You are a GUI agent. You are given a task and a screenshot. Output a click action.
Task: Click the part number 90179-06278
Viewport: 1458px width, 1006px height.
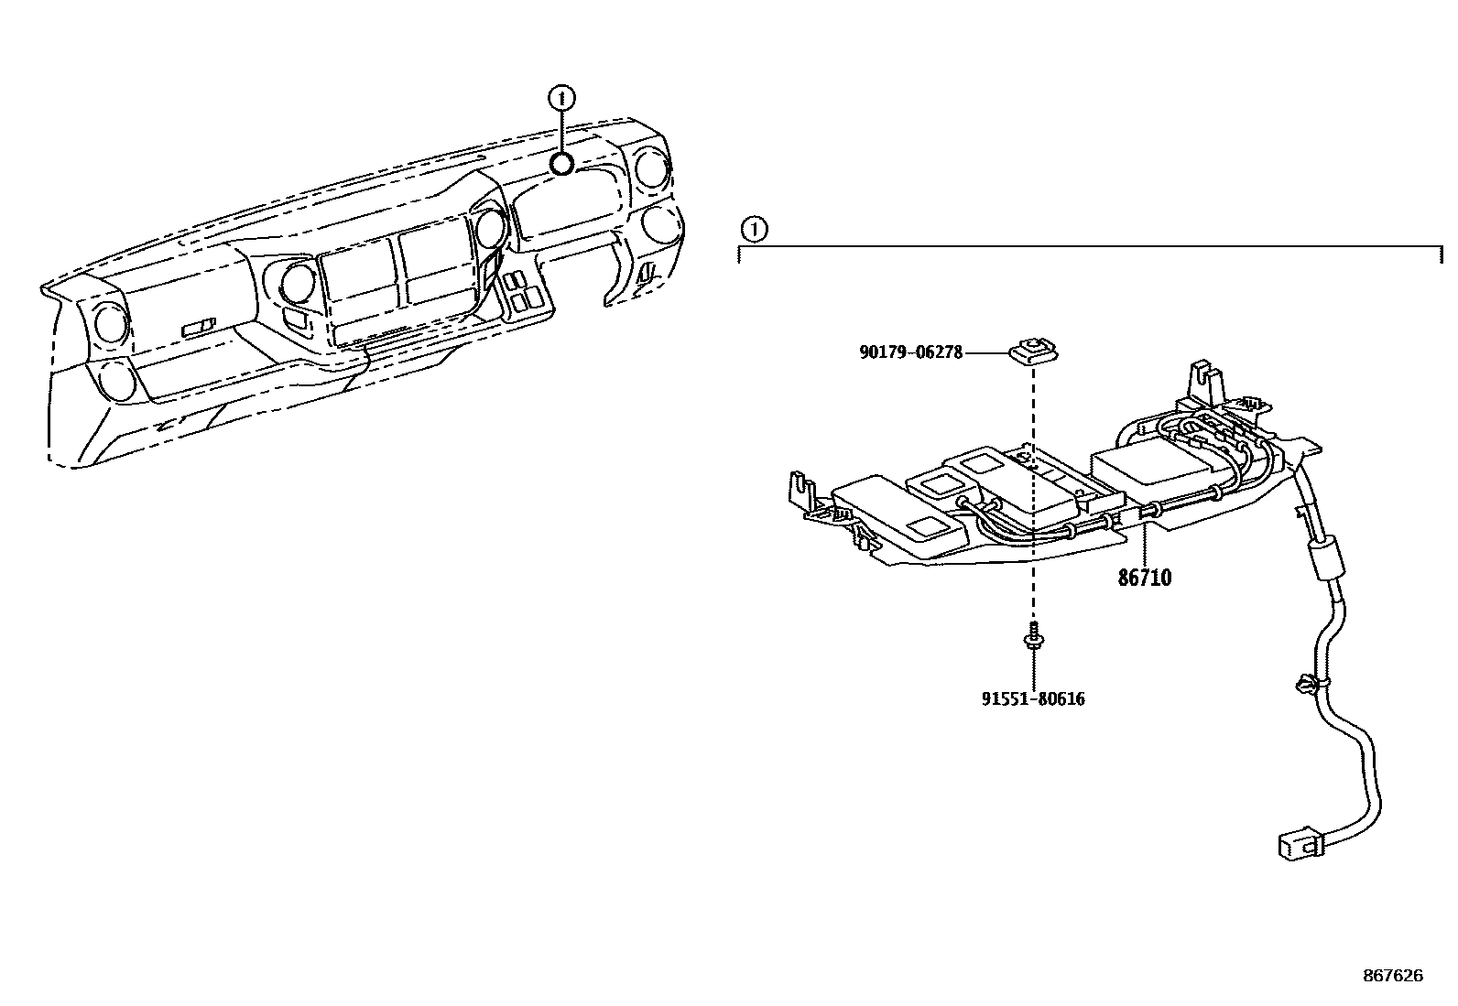click(x=911, y=352)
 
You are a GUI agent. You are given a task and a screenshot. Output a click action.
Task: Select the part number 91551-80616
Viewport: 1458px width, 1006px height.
click(x=1033, y=699)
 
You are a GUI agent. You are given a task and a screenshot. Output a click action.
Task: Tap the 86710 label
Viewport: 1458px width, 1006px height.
click(x=1145, y=579)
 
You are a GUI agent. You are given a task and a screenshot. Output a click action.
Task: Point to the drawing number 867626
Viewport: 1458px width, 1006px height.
click(x=1394, y=976)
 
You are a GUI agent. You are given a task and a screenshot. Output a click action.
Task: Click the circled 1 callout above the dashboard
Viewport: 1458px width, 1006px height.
click(x=561, y=95)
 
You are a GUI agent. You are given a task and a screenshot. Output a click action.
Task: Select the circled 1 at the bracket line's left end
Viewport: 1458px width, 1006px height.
click(x=754, y=229)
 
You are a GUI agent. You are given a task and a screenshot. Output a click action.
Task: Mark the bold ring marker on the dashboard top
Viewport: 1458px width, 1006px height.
click(x=561, y=164)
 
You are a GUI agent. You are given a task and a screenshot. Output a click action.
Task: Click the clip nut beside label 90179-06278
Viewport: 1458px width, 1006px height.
click(x=1033, y=350)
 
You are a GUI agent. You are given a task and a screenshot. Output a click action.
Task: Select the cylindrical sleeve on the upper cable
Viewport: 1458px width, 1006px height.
click(x=1322, y=559)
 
